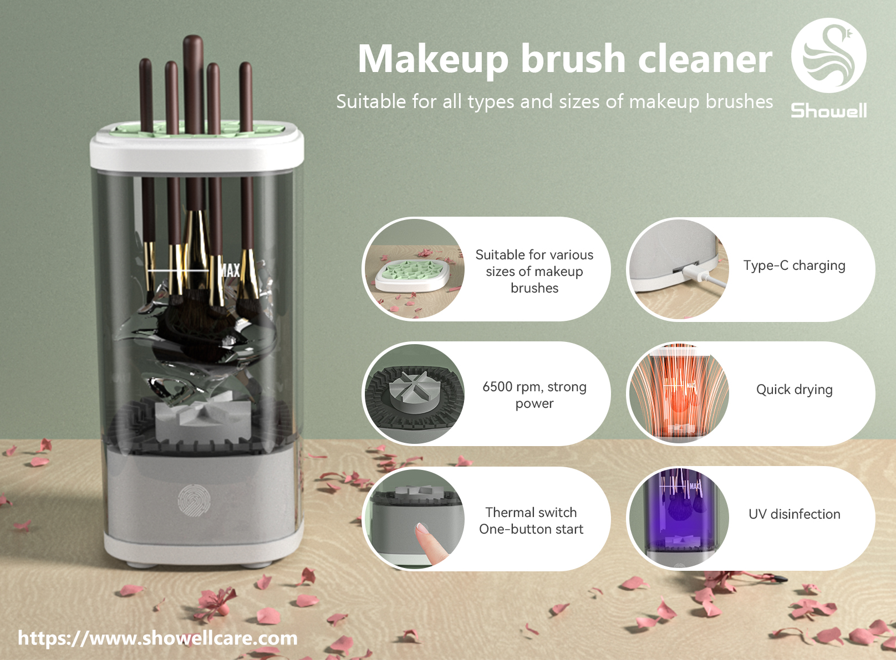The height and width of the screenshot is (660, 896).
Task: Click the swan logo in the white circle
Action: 829,55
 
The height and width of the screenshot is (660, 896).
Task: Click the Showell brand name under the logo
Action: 829,110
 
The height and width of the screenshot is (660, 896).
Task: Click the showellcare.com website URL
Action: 157,638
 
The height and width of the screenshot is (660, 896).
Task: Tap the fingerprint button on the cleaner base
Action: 194,500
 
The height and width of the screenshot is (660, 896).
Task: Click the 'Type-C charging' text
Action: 795,266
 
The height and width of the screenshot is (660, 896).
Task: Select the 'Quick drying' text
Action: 795,390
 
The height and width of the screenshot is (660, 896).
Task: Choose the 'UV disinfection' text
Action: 795,514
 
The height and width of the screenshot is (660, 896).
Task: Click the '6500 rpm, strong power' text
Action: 534,395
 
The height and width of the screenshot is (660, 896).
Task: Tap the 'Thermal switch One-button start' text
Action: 531,520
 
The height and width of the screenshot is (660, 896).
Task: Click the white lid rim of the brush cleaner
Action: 196,154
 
